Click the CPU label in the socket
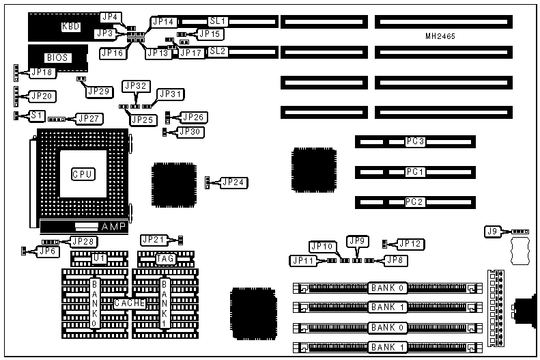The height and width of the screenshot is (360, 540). tap(83, 174)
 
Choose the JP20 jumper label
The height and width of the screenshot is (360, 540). tap(40, 96)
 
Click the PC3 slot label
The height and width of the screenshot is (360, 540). tap(415, 141)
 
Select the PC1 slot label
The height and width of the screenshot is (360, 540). tap(415, 172)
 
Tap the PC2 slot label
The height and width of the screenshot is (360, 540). tap(415, 202)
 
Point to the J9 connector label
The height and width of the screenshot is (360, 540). tap(492, 232)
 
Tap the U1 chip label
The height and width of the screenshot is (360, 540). tap(100, 258)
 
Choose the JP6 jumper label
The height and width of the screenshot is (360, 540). tap(47, 251)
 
